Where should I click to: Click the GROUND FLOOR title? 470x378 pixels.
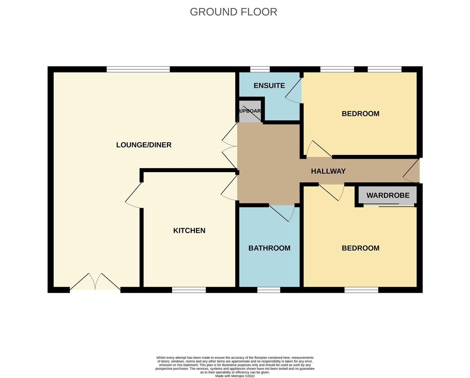pyautogui.click(x=233, y=12)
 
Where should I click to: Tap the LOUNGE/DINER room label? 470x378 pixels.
pyautogui.click(x=144, y=145)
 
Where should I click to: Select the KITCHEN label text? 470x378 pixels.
pyautogui.click(x=189, y=230)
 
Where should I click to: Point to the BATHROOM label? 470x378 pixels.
pyautogui.click(x=269, y=248)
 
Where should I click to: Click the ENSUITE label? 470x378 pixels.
pyautogui.click(x=269, y=86)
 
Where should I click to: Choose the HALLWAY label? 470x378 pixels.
pyautogui.click(x=328, y=171)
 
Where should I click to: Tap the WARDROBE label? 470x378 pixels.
pyautogui.click(x=388, y=195)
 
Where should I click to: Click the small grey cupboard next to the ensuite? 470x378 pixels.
pyautogui.click(x=250, y=111)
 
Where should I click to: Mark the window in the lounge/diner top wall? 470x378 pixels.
pyautogui.click(x=138, y=69)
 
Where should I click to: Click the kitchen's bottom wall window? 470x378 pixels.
pyautogui.click(x=189, y=290)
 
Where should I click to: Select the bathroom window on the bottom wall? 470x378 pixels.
pyautogui.click(x=269, y=290)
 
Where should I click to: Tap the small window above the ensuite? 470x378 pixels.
pyautogui.click(x=260, y=69)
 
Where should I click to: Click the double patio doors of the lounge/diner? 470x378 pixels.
pyautogui.click(x=95, y=283)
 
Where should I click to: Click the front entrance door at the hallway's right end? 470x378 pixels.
pyautogui.click(x=412, y=171)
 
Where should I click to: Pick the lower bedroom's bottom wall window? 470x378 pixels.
pyautogui.click(x=361, y=290)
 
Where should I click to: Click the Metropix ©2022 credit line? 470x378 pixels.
pyautogui.click(x=235, y=376)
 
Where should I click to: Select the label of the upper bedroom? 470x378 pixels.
pyautogui.click(x=360, y=114)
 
